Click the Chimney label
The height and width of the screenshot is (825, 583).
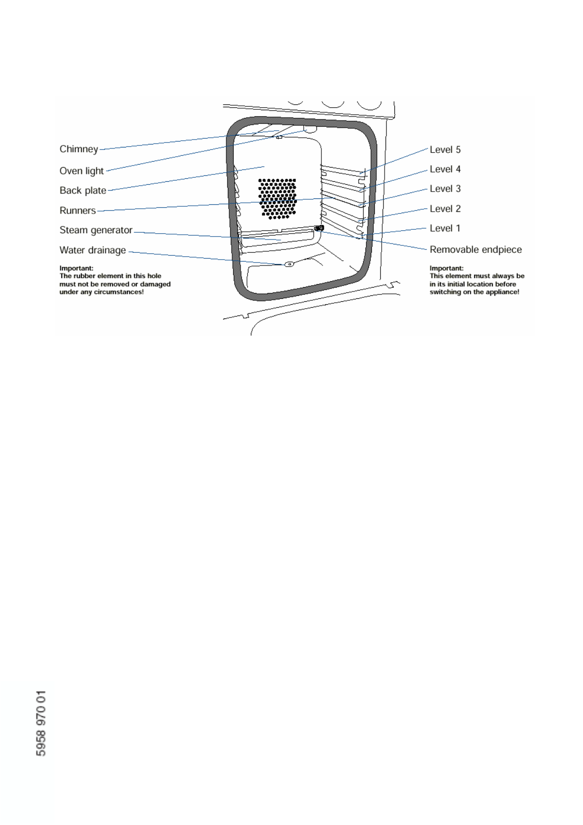tap(78, 149)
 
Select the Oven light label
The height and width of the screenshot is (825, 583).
tap(81, 171)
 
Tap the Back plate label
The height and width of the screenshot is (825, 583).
tap(83, 191)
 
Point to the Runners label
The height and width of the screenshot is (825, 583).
tap(77, 211)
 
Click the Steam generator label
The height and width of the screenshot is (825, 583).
tap(96, 230)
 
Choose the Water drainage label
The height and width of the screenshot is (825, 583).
tap(93, 250)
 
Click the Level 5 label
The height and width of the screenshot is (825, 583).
tap(445, 150)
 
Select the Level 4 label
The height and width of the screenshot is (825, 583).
tap(445, 170)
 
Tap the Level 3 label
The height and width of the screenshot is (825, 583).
tap(445, 189)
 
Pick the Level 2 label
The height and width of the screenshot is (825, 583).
tap(445, 209)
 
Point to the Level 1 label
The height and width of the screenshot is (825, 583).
tap(445, 229)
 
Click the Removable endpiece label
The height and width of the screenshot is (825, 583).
tap(475, 250)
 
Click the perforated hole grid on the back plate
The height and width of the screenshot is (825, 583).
tap(277, 198)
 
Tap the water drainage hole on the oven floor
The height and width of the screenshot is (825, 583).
tap(289, 264)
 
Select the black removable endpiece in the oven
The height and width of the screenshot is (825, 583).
tap(319, 228)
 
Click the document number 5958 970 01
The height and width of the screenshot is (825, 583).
tap(41, 723)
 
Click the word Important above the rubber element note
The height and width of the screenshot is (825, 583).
tap(76, 268)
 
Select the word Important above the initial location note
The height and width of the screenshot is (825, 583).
tap(446, 268)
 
